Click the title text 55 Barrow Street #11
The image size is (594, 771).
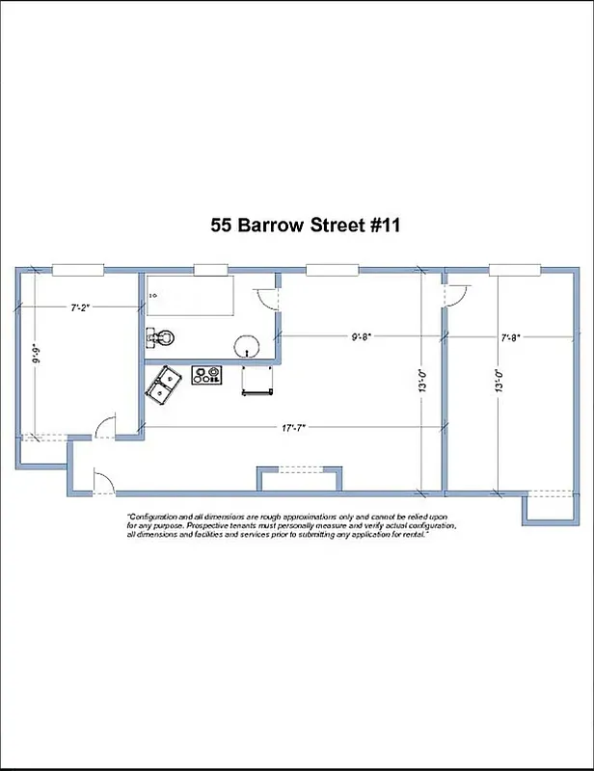click(305, 226)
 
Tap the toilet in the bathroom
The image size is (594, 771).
click(165, 337)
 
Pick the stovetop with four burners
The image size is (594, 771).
click(206, 375)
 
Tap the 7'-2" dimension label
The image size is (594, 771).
click(82, 308)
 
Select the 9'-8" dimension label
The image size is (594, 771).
click(361, 336)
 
